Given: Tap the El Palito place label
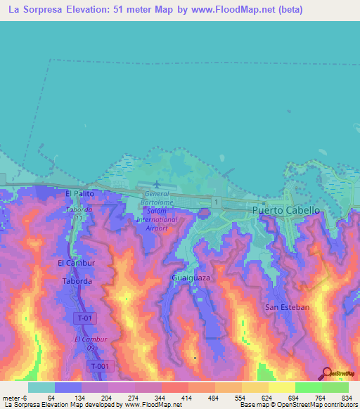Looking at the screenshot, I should click(x=79, y=193).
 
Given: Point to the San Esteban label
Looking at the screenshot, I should click(x=287, y=307).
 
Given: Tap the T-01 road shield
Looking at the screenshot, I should click(x=84, y=318).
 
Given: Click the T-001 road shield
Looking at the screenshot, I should click(x=99, y=366).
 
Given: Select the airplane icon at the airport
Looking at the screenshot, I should click(x=155, y=185).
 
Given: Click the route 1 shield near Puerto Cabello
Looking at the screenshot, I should click(x=218, y=202).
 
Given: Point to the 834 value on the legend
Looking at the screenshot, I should click(x=347, y=398).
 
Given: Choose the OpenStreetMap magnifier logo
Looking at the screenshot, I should click(x=326, y=374).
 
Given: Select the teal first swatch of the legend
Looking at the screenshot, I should click(x=41, y=387).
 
